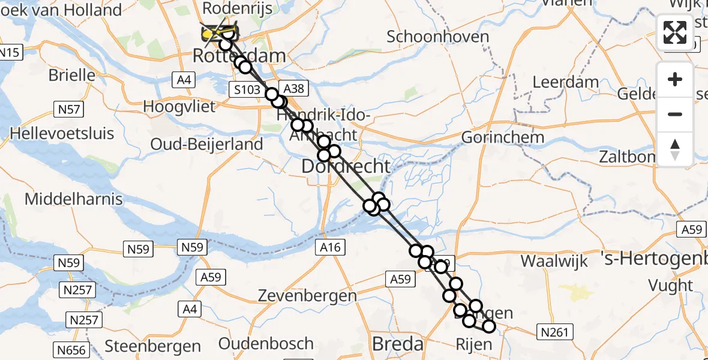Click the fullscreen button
point(675,32)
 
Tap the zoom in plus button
point(675,79)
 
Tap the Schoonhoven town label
point(437,37)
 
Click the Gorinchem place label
point(502,137)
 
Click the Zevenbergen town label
point(307,296)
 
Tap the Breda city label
point(398,344)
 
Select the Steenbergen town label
point(153,346)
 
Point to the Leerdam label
point(566,82)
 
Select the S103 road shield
point(247,90)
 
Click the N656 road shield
point(72,350)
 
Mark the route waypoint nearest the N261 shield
point(489,326)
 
